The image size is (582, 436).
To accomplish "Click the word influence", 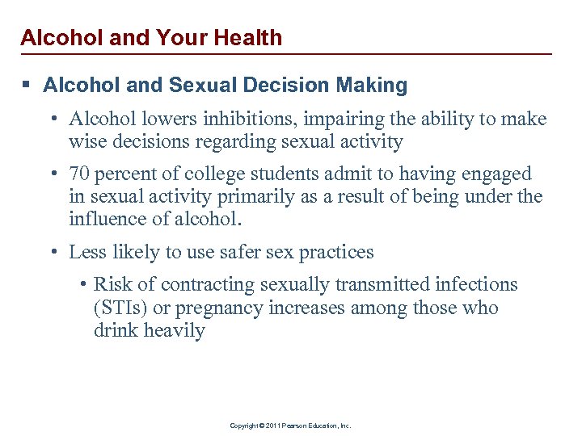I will (x=110, y=219).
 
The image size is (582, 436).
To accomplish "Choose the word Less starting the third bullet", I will (x=86, y=252).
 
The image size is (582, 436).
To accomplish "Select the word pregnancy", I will (x=212, y=308).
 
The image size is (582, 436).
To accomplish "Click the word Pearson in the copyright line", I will (x=291, y=426).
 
